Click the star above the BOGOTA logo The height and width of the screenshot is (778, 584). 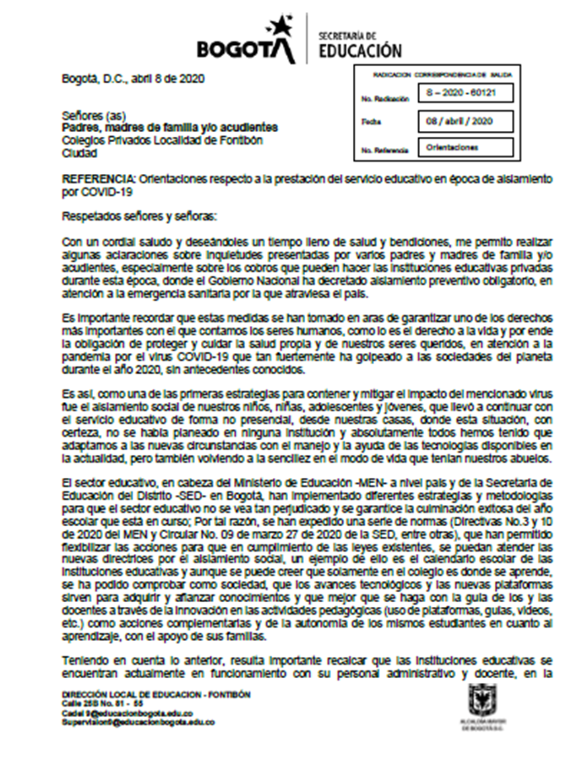tap(276, 26)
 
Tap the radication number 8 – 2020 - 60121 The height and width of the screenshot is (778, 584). tap(465, 93)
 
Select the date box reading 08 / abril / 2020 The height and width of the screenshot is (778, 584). tap(465, 122)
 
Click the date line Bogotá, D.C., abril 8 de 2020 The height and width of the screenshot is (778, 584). tap(133, 78)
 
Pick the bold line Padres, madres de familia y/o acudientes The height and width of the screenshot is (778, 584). tap(169, 127)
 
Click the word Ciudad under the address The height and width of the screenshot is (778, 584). tap(79, 153)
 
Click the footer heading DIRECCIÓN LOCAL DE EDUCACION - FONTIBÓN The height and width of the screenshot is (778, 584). tap(156, 695)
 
